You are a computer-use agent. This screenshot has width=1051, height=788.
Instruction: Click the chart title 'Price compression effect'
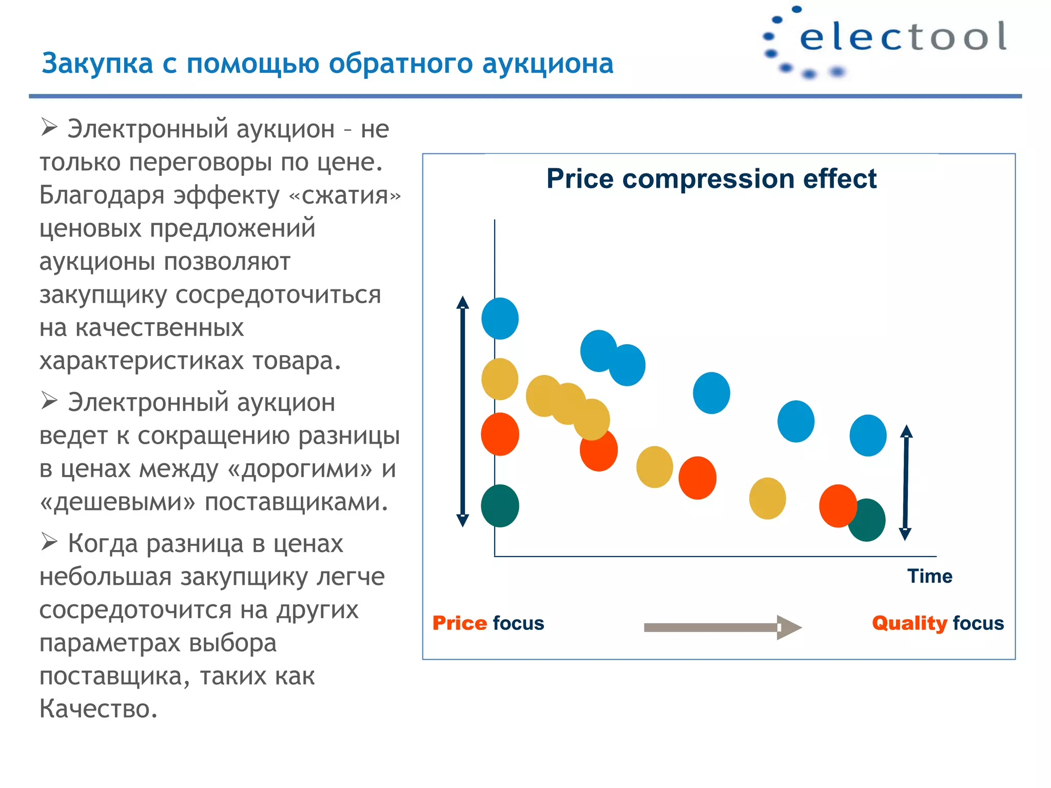click(x=711, y=179)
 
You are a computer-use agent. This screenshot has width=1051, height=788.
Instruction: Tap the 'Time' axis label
click(x=929, y=576)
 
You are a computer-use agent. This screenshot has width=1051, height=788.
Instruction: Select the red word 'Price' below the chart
click(x=459, y=623)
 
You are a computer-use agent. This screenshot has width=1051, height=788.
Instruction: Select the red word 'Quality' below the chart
click(x=909, y=623)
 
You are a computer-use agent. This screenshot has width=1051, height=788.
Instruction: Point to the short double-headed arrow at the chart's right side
click(x=906, y=482)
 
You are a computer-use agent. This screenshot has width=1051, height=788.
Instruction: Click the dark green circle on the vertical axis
click(x=500, y=506)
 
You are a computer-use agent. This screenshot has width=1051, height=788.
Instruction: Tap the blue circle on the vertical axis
click(x=500, y=319)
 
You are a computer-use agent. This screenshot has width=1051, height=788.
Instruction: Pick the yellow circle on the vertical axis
click(x=500, y=379)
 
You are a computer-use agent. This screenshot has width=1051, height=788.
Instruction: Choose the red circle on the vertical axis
click(x=500, y=434)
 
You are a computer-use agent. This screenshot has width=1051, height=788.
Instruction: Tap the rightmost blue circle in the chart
click(x=868, y=436)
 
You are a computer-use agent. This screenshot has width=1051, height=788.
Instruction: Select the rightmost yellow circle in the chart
click(x=767, y=498)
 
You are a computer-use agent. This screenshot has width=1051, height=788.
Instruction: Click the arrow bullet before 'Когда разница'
click(x=49, y=541)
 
